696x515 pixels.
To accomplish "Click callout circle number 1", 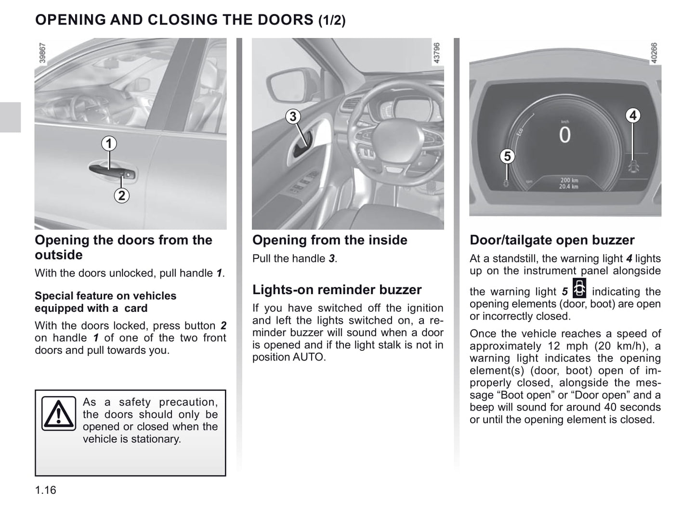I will (109, 143).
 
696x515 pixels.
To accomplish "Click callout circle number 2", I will (121, 195).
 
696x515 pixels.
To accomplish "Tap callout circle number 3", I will (293, 116).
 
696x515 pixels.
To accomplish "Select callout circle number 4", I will (633, 116).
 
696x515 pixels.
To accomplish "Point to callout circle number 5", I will (507, 156).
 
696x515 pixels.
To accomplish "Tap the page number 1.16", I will (45, 490).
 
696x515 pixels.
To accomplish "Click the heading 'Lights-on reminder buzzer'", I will (337, 290).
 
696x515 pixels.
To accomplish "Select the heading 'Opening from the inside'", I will (329, 240).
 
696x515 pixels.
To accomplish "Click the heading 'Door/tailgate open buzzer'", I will (552, 240).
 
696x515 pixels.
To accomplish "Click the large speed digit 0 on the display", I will (565, 135).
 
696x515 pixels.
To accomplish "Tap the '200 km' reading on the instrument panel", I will (569, 180).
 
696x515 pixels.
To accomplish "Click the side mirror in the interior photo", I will (283, 84).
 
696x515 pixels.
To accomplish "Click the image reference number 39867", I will (42, 53).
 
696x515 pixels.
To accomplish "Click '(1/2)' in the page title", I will (332, 21).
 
